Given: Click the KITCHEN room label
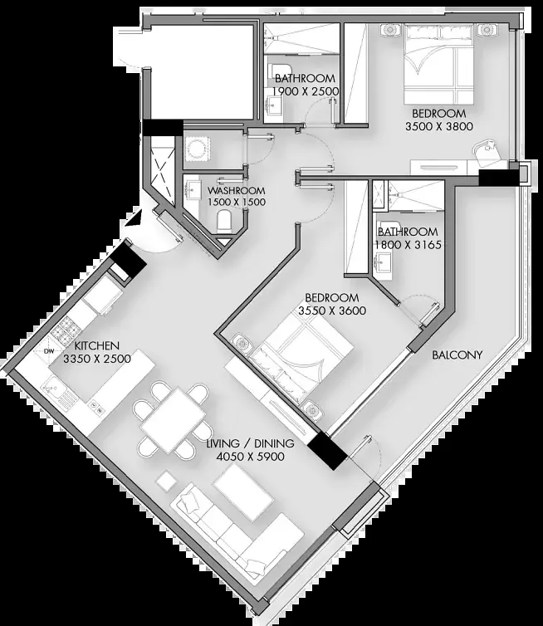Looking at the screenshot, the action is pyautogui.click(x=96, y=345).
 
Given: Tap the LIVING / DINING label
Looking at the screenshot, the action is pyautogui.click(x=251, y=443).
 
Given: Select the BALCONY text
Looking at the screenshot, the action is pyautogui.click(x=457, y=355).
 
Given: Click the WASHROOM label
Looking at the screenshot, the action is pyautogui.click(x=236, y=190).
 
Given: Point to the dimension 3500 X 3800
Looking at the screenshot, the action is pyautogui.click(x=438, y=126).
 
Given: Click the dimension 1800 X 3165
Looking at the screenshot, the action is pyautogui.click(x=408, y=245).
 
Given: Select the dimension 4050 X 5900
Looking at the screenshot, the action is pyautogui.click(x=251, y=457).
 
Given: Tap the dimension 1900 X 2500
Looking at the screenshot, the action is pyautogui.click(x=306, y=91).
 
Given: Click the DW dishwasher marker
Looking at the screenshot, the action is pyautogui.click(x=49, y=351).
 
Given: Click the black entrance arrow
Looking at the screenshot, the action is pyautogui.click(x=135, y=219).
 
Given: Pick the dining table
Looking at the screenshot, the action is pyautogui.click(x=173, y=420).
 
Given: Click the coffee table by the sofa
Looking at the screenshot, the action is pyautogui.click(x=242, y=494).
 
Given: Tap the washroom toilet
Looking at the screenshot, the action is pyautogui.click(x=224, y=221).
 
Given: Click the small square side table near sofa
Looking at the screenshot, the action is pyautogui.click(x=166, y=481).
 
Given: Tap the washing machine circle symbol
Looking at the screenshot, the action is pyautogui.click(x=197, y=149).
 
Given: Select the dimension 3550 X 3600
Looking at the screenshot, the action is pyautogui.click(x=332, y=311).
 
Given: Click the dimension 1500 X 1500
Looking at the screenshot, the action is pyautogui.click(x=237, y=202).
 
